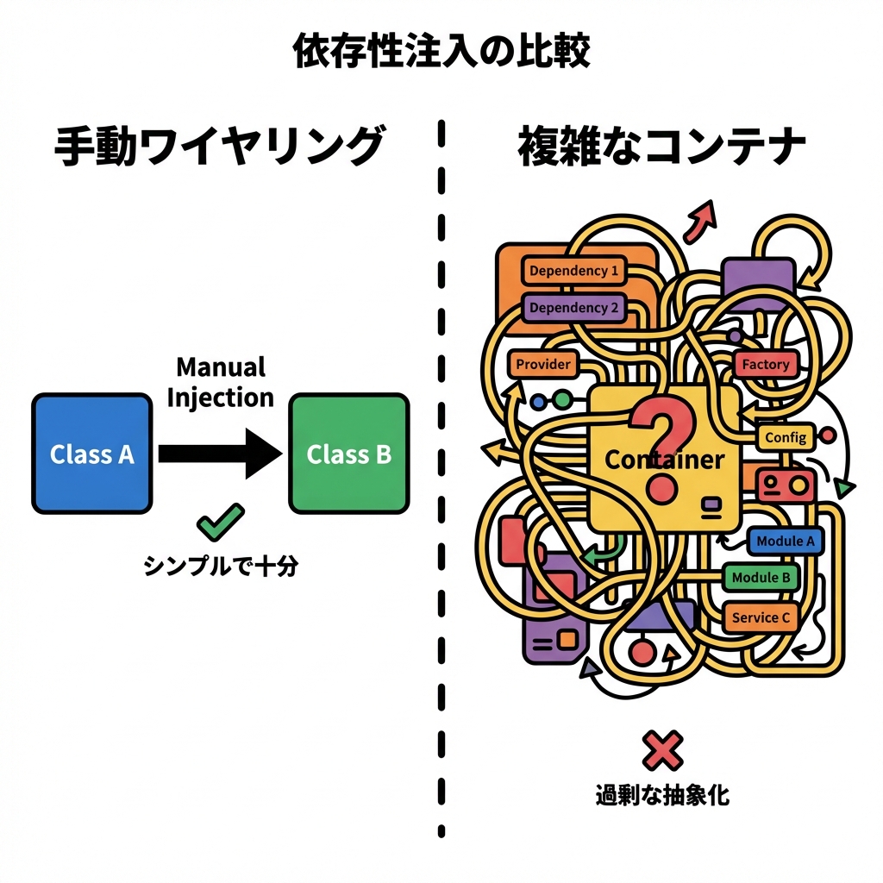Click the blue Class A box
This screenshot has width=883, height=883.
(x=91, y=454)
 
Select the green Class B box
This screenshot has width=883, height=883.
(x=348, y=454)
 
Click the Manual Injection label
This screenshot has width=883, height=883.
(x=221, y=382)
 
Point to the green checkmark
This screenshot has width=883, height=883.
(x=220, y=520)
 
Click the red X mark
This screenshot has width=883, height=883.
(x=662, y=749)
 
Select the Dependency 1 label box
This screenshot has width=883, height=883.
(x=573, y=271)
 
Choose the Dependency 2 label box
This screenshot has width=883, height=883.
(x=573, y=307)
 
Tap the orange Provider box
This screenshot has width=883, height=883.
(x=543, y=364)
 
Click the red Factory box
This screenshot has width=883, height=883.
(x=765, y=364)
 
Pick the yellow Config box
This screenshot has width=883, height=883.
(x=785, y=437)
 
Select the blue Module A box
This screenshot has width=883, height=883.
(x=785, y=542)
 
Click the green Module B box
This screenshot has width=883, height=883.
(x=761, y=577)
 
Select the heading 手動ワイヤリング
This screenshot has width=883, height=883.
(x=218, y=146)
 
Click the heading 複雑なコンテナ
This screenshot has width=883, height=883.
(x=662, y=146)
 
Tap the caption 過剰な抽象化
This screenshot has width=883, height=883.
(x=662, y=794)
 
